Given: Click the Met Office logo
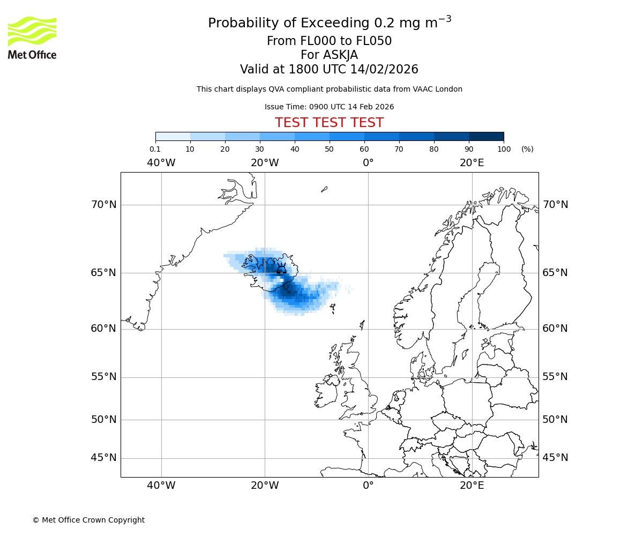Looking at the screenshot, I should (32, 38).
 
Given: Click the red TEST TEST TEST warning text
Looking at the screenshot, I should (329, 123).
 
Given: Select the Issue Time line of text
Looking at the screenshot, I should (329, 107).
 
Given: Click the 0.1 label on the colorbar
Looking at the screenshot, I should (155, 149).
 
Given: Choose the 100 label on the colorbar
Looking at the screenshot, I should (503, 149).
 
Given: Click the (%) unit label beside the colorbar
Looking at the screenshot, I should (527, 149).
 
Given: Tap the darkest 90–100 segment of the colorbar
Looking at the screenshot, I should (486, 136).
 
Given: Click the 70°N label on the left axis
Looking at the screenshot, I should (103, 205).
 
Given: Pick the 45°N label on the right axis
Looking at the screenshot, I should (555, 458).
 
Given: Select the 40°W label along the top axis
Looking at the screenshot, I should (161, 163).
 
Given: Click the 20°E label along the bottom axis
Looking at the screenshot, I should (472, 486).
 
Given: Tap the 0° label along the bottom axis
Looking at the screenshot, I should (368, 486).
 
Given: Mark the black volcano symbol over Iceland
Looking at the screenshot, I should (281, 269).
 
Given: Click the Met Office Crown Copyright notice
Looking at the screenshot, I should (88, 520).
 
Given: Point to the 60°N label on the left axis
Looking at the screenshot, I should (103, 329).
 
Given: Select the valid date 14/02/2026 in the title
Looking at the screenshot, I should (384, 70).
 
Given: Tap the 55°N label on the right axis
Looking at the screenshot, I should (555, 377).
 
